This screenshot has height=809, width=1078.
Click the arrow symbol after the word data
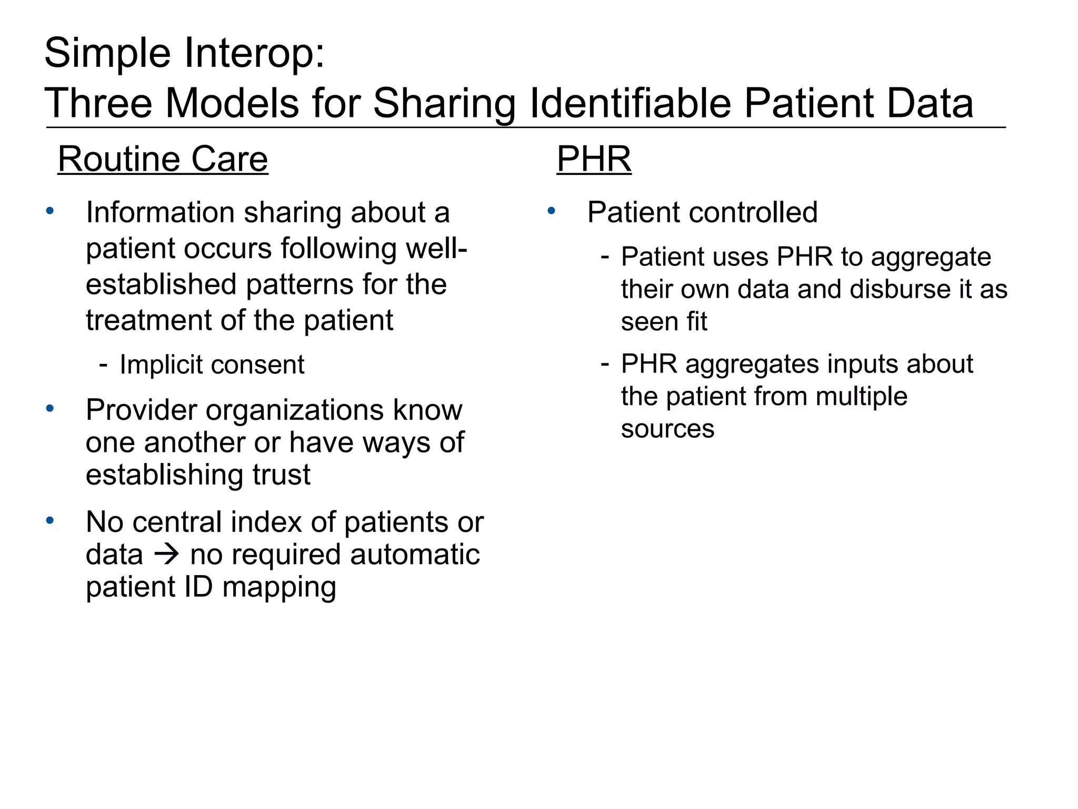pyautogui.click(x=166, y=555)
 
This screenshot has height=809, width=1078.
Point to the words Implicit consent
pyautogui.click(x=212, y=364)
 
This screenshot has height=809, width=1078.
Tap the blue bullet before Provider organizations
pyautogui.click(x=50, y=408)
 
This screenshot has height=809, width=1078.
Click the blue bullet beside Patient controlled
pyautogui.click(x=551, y=211)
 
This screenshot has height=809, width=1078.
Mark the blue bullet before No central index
pyautogui.click(x=50, y=520)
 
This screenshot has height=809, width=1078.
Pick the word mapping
pyautogui.click(x=279, y=587)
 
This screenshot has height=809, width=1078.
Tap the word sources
pyautogui.click(x=667, y=429)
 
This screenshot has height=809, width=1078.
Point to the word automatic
pyautogui.click(x=415, y=555)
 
